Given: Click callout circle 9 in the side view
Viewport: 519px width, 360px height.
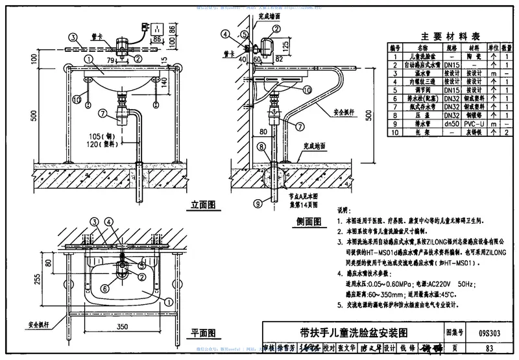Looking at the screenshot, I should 257,204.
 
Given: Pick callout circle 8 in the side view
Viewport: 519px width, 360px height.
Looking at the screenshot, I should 261,147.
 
